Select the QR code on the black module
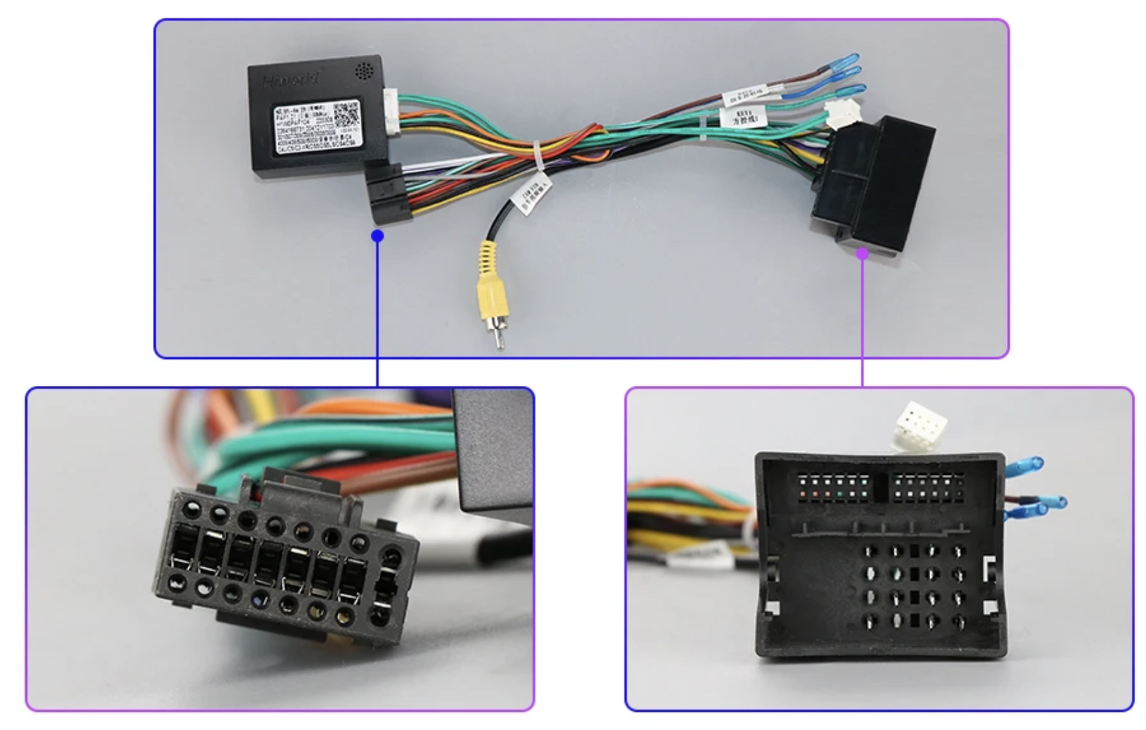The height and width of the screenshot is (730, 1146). [x=345, y=115]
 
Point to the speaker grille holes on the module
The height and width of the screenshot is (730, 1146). [x=364, y=70]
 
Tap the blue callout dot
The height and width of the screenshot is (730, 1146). [x=378, y=236]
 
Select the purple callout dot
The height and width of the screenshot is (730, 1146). [x=862, y=253]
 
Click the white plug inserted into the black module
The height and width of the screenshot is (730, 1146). [x=391, y=112]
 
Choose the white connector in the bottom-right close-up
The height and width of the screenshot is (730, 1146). [x=920, y=424]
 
